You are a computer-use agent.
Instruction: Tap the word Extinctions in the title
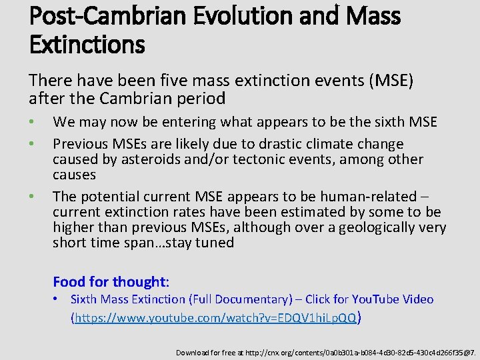click(87, 45)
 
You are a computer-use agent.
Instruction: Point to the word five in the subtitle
click(175, 81)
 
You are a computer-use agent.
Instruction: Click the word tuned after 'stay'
click(215, 243)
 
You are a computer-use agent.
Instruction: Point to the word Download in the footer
click(191, 352)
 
